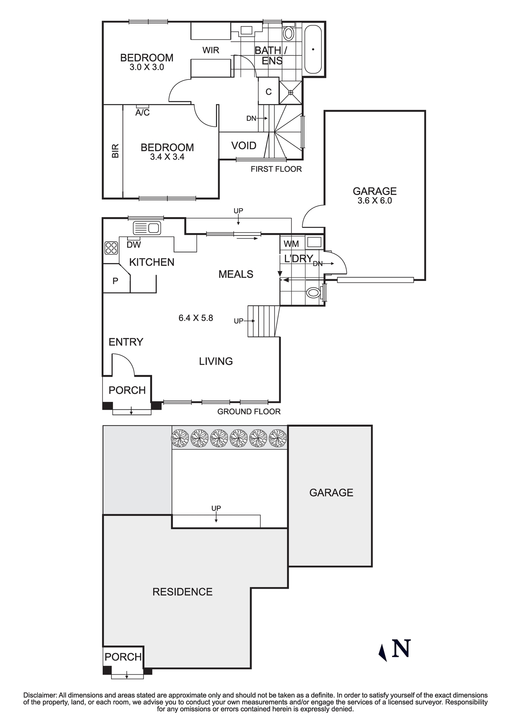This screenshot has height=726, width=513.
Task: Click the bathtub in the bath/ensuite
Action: tap(313, 49)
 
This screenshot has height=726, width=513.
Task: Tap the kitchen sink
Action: tap(147, 228)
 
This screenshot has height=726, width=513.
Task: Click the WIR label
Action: tap(211, 50)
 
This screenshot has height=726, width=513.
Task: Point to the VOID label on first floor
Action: tap(244, 146)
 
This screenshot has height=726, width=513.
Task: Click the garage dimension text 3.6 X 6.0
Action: tap(375, 201)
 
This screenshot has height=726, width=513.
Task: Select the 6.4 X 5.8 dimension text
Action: tap(196, 318)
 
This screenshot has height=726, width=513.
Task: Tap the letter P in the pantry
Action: tap(115, 281)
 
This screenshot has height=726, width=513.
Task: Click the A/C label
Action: tap(142, 113)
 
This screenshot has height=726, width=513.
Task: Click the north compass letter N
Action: tap(401, 648)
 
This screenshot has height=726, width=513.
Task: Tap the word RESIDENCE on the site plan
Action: tap(182, 592)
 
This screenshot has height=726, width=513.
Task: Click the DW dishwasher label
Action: tap(134, 245)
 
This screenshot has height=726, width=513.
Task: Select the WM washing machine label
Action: tap(291, 244)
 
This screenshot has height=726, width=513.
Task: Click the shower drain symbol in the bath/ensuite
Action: tap(291, 93)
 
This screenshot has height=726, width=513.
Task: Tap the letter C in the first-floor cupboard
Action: tap(269, 92)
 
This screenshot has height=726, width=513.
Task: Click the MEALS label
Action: tap(236, 274)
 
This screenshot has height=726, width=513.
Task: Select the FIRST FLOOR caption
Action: tap(276, 169)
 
